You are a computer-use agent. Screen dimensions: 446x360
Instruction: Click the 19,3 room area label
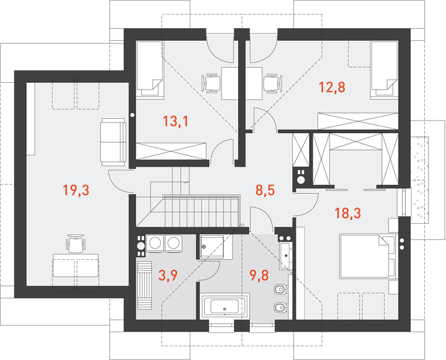(x=76, y=190)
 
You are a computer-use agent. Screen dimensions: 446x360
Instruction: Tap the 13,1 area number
(x=175, y=121)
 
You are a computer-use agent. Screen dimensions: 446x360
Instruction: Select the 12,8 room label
(x=332, y=87)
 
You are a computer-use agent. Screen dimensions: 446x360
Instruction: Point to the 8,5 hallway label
(x=265, y=190)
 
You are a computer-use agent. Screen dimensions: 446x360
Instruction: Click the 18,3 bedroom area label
(x=348, y=213)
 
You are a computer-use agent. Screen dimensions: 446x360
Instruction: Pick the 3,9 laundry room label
(x=168, y=275)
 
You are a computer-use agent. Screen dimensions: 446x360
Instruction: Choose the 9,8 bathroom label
(x=259, y=275)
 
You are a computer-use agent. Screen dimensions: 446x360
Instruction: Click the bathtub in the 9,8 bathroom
(x=225, y=306)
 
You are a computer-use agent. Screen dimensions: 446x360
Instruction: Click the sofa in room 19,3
(x=113, y=142)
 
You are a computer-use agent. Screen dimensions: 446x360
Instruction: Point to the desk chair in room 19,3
(x=76, y=244)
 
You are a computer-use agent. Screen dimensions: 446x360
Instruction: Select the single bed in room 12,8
(x=384, y=70)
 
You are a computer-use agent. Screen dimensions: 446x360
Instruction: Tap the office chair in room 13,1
(x=211, y=83)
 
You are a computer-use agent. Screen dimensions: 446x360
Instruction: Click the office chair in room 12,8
(x=273, y=83)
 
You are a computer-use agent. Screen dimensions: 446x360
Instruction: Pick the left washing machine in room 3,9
(x=155, y=244)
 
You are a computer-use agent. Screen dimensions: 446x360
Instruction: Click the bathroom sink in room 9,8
(x=285, y=254)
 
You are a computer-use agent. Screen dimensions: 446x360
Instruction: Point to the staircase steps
(x=201, y=211)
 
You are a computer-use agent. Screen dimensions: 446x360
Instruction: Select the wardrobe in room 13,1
(x=172, y=151)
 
